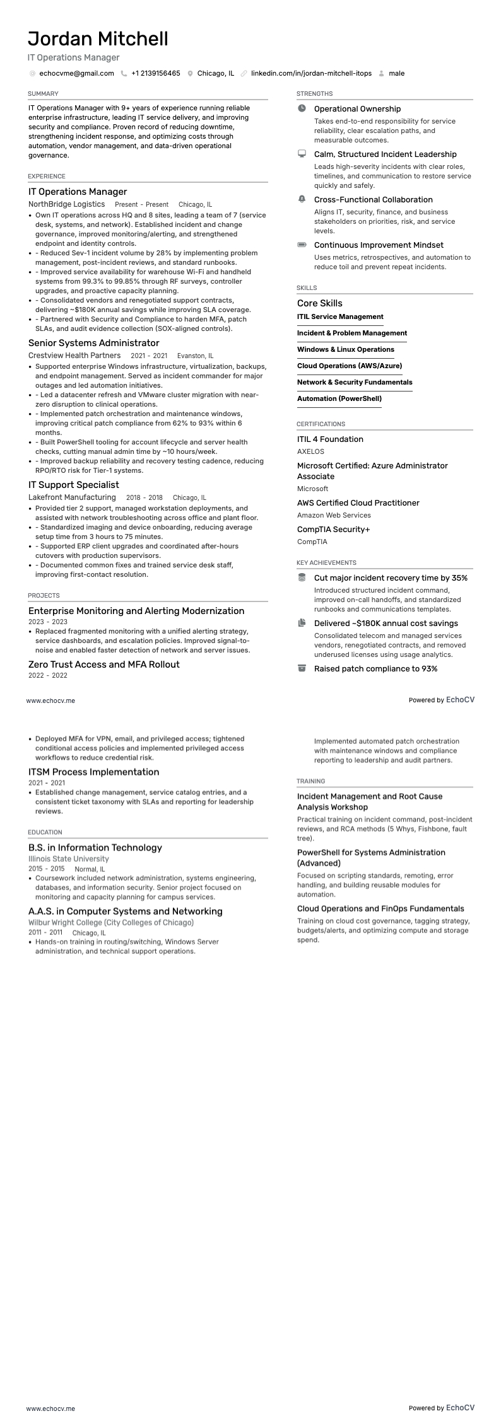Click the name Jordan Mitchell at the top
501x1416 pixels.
click(98, 39)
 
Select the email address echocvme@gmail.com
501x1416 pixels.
click(76, 73)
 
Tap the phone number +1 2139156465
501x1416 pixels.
click(155, 73)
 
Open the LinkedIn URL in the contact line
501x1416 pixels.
click(311, 73)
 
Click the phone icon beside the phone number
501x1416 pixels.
click(124, 73)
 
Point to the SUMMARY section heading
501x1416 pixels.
click(43, 94)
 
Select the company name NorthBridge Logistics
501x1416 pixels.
click(66, 204)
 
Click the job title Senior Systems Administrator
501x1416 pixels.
click(93, 343)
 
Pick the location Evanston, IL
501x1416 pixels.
click(195, 356)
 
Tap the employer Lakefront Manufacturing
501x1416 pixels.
click(72, 497)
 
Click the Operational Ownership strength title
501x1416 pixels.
click(357, 109)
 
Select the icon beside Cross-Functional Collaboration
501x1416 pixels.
click(302, 199)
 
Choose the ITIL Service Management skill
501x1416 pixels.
click(340, 316)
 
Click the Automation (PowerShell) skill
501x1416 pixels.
click(339, 398)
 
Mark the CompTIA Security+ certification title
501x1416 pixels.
click(333, 529)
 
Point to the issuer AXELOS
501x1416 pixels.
click(310, 451)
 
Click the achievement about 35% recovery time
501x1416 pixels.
click(391, 577)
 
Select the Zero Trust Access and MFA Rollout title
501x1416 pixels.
click(103, 664)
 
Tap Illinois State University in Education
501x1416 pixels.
click(68, 859)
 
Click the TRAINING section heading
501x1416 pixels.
click(310, 781)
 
